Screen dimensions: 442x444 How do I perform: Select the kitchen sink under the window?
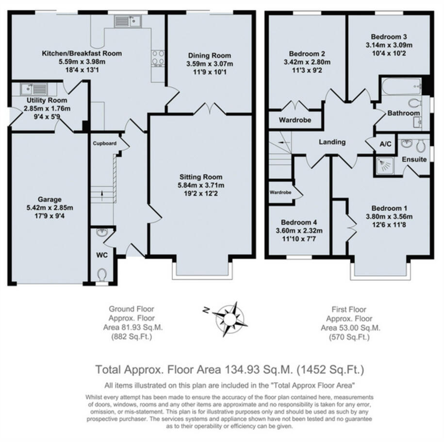point(128,21)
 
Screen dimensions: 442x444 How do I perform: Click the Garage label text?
point(50,199)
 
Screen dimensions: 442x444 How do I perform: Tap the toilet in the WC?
point(101,275)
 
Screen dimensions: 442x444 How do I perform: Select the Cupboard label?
point(105,143)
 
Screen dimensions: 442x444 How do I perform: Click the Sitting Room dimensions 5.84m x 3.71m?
point(200,185)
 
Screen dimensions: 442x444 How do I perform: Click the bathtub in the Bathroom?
point(400,87)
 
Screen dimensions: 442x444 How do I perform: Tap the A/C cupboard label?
point(386,144)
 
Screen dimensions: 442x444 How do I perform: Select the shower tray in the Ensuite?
point(386,165)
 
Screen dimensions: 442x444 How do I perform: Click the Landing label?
point(332,142)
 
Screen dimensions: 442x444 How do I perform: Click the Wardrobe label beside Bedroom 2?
point(295,120)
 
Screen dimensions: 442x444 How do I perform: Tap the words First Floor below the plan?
point(349,309)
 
